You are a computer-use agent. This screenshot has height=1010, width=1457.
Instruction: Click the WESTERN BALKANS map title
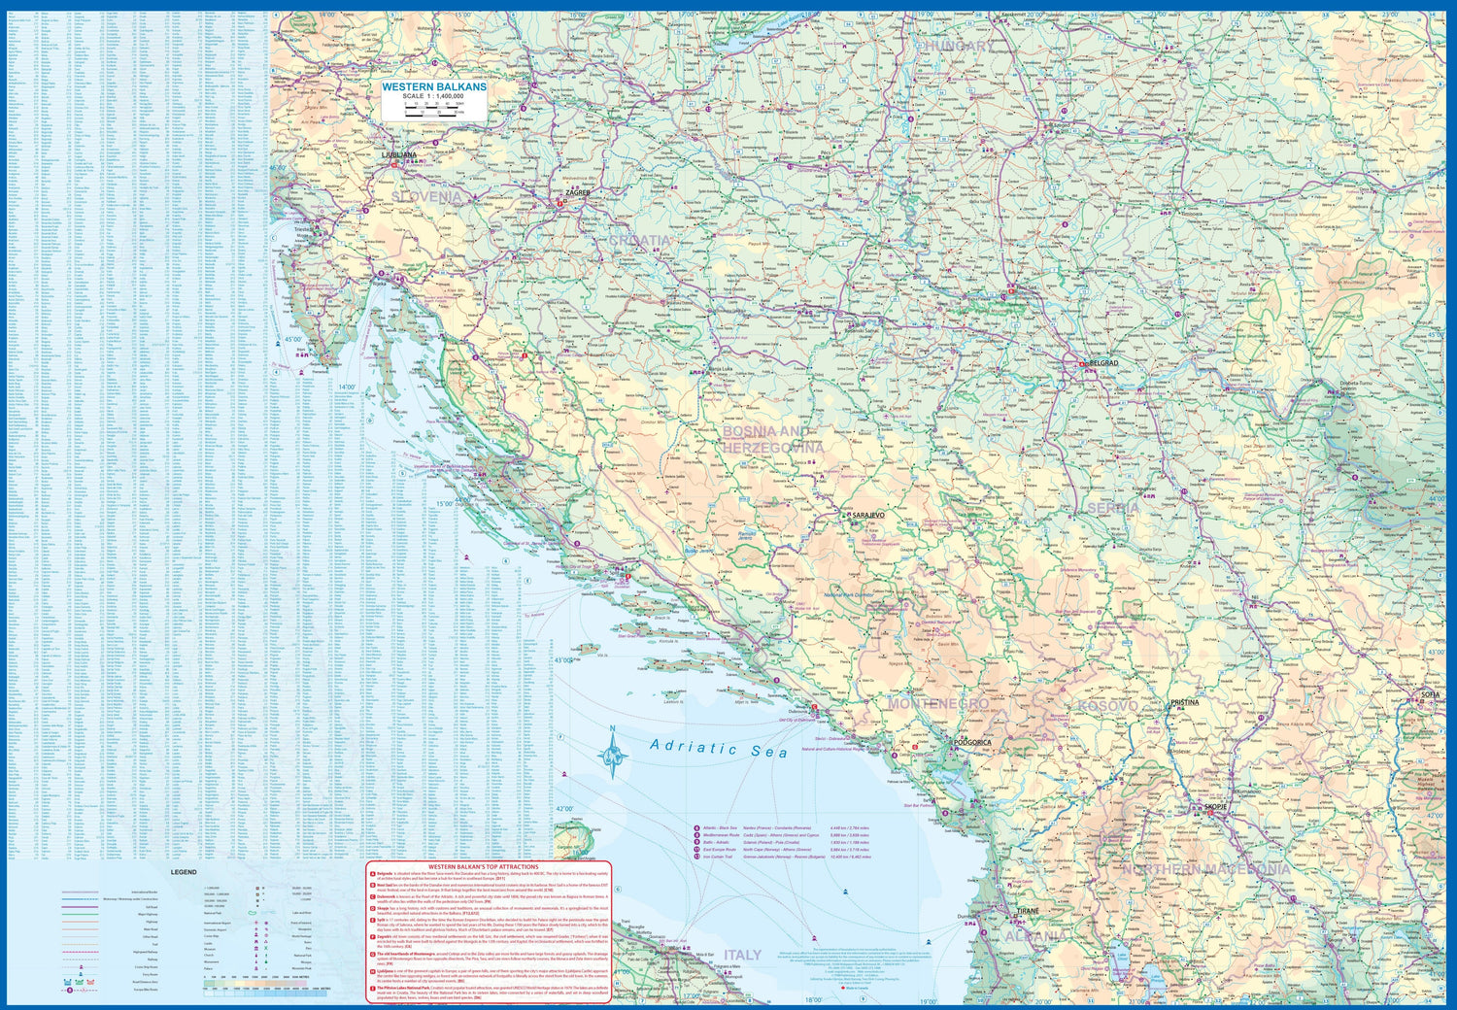click(x=433, y=87)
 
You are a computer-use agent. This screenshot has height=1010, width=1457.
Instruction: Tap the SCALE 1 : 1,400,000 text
click(x=433, y=97)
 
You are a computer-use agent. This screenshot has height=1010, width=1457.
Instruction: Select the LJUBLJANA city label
click(x=399, y=155)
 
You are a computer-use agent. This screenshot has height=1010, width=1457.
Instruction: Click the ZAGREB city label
click(x=578, y=193)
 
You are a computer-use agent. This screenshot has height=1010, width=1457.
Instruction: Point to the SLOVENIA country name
click(x=428, y=197)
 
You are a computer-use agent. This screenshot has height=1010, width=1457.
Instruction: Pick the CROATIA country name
click(x=640, y=241)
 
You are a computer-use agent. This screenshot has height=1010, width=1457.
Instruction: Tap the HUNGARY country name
click(x=959, y=47)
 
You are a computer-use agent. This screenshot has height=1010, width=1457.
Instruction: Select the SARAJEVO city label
click(x=867, y=515)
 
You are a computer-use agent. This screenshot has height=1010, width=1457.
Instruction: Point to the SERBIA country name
click(x=1113, y=508)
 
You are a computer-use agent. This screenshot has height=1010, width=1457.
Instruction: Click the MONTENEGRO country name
click(x=938, y=704)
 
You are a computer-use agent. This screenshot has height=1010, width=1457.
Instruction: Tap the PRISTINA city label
click(x=1184, y=702)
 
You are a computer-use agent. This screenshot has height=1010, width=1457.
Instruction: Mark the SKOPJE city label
click(x=1215, y=807)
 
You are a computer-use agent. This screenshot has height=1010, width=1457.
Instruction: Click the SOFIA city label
click(x=1430, y=695)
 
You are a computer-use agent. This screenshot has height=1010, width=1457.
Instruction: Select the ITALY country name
click(x=742, y=956)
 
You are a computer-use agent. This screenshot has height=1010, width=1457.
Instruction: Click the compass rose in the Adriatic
click(x=612, y=753)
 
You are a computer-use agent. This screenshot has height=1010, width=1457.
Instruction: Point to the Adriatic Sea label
click(x=719, y=748)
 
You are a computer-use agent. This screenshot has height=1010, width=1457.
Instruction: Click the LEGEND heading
click(x=184, y=872)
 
